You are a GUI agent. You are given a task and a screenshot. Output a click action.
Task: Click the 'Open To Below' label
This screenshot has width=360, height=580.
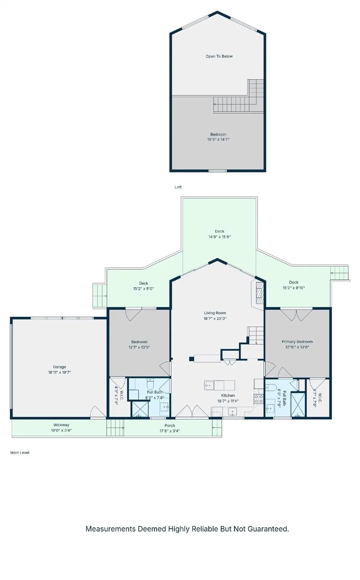coord(219,56)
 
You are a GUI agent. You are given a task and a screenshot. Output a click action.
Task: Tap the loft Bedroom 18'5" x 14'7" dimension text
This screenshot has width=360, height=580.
coord(218,139)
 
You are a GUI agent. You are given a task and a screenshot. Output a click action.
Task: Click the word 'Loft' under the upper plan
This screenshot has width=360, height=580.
coord(178,187)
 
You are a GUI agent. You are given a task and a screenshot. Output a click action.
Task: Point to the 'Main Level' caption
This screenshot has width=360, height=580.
coord(20,453)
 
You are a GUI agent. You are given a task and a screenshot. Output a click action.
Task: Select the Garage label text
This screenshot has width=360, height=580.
coord(60,367)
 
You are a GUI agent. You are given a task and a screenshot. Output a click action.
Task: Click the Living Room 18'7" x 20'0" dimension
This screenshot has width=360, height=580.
coord(215,318)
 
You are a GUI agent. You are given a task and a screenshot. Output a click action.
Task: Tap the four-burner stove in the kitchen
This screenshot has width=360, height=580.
coord(259,399)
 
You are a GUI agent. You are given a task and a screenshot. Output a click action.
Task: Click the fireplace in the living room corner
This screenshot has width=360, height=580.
coord(259,293)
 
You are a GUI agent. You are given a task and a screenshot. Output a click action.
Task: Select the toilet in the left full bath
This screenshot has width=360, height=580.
coord(150,383)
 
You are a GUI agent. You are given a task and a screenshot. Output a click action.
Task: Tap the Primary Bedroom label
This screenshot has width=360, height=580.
coord(297,341)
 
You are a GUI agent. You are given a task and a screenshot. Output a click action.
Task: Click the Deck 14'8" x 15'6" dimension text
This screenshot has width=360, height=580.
coord(219,237)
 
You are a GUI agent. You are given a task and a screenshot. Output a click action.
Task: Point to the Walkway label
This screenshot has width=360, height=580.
coord(61,425)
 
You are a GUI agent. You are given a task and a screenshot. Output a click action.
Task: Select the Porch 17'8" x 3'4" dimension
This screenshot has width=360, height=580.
coord(170,431)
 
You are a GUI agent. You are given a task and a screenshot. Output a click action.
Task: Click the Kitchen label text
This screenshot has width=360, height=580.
coord(228,395)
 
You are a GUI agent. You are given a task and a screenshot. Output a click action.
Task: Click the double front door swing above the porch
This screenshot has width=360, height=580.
coord(192,411)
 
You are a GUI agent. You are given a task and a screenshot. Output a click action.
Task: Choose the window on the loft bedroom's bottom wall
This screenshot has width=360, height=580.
coord(218,171)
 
